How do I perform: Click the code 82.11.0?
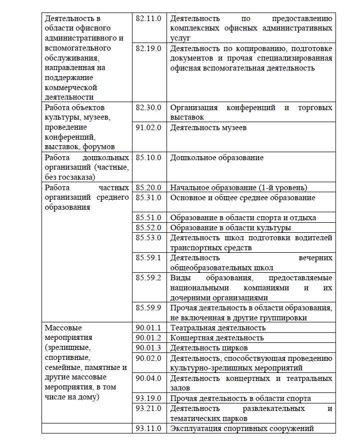point(148,18)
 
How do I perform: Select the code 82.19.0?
point(148,48)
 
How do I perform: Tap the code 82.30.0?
point(148,108)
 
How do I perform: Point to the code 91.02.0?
point(148,128)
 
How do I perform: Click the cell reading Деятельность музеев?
point(208,128)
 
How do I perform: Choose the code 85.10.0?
point(148,158)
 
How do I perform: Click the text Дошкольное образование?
point(216,158)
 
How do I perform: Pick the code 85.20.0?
point(148,188)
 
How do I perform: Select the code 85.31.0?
point(148,198)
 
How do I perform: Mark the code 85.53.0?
point(148,238)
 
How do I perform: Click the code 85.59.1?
point(148,258)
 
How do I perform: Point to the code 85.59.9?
point(148,308)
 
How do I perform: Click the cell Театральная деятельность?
point(217,328)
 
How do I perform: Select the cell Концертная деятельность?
point(217,338)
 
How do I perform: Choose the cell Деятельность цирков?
point(209,348)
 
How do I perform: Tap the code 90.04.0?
point(148,378)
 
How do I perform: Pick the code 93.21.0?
point(148,408)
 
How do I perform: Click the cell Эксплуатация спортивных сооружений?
point(242,428)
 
